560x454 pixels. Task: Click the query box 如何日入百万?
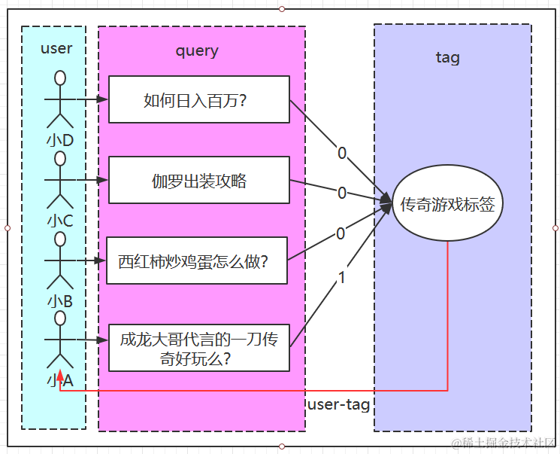coord(198,99)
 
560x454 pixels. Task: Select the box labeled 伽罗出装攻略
coord(198,180)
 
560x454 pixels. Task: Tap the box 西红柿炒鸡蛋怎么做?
coord(196,261)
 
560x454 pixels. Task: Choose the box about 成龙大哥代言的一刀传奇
coord(198,347)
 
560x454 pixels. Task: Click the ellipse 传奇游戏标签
coord(448,203)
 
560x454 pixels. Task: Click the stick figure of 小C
coord(59,181)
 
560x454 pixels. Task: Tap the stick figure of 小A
coord(59,339)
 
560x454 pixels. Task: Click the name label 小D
coord(59,140)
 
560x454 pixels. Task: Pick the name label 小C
coord(59,221)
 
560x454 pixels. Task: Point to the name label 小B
coord(59,301)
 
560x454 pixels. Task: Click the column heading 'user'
coord(56,48)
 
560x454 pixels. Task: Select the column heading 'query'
coord(197,50)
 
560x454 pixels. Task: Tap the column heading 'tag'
coord(447,57)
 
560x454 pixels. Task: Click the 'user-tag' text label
coord(339,405)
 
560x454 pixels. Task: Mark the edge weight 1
coord(342,278)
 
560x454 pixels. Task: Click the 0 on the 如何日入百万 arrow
coord(342,154)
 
